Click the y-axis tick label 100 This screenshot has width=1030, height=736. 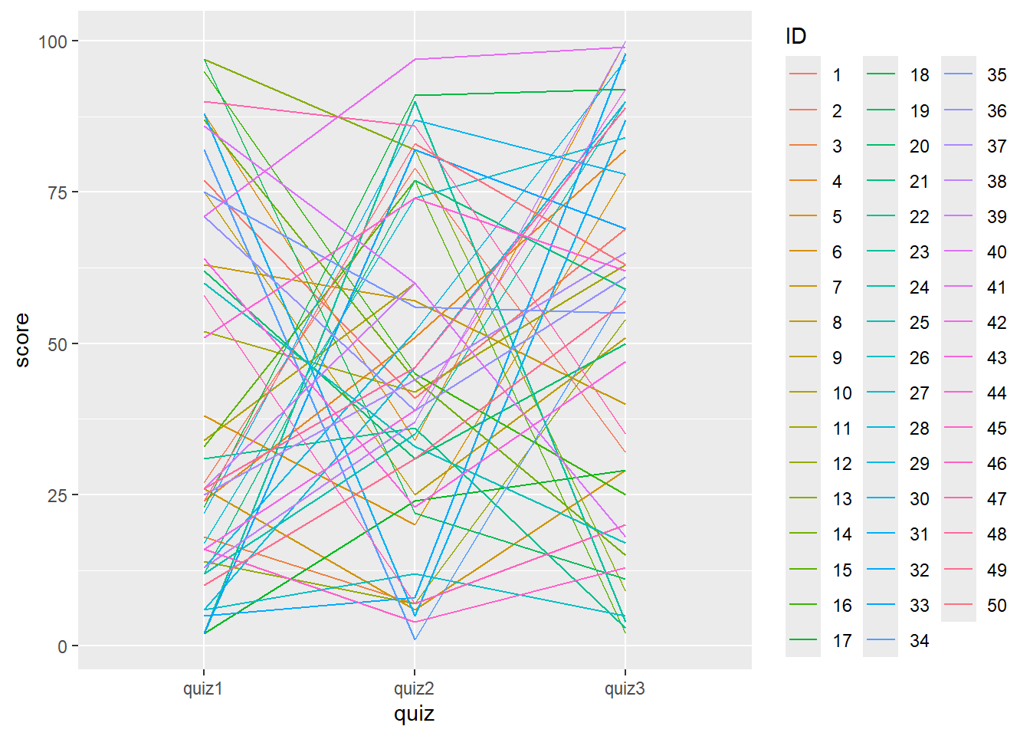tap(53, 41)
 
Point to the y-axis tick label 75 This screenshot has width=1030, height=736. tap(57, 192)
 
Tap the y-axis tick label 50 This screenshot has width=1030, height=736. tap(57, 344)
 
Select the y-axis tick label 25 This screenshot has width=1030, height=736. tap(57, 495)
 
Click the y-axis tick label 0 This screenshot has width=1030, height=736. tap(62, 647)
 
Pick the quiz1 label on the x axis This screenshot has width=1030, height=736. tap(203, 688)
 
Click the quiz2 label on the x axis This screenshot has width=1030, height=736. tap(414, 688)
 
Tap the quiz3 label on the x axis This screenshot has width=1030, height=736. tap(625, 688)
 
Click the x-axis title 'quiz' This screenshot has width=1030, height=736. tap(414, 714)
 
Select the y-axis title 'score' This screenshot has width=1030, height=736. tap(21, 340)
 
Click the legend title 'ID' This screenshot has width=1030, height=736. tap(795, 36)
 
